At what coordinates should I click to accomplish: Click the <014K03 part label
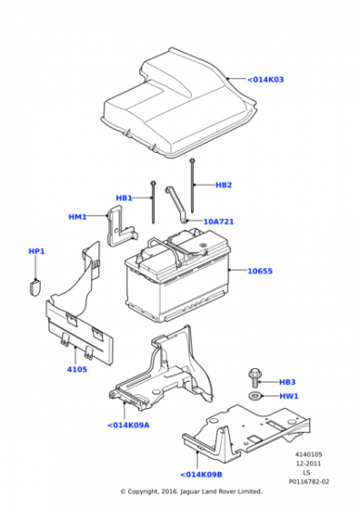pos(265,80)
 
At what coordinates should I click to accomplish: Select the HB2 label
pos(224,185)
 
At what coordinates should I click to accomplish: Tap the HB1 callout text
pos(124,198)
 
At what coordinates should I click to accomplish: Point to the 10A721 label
pos(218,222)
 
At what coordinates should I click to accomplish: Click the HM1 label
pos(77,216)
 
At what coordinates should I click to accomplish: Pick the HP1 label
pos(36,251)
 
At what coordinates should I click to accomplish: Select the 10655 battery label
pos(260,271)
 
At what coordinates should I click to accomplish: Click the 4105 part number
pos(77,369)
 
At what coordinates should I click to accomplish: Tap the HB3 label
pos(287,382)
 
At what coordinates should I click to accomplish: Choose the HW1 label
pos(288,396)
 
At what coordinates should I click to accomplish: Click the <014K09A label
pos(128,425)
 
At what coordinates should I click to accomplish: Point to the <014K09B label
pos(201,474)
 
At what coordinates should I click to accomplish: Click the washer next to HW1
pos(255,395)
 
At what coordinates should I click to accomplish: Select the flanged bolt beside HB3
pos(255,377)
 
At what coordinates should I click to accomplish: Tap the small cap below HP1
pos(35,286)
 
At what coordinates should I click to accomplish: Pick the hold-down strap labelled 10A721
pos(177,205)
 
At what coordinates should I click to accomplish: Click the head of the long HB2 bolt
pos(192,161)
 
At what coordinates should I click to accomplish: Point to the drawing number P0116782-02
pos(309,482)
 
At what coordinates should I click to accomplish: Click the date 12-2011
pos(308,464)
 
